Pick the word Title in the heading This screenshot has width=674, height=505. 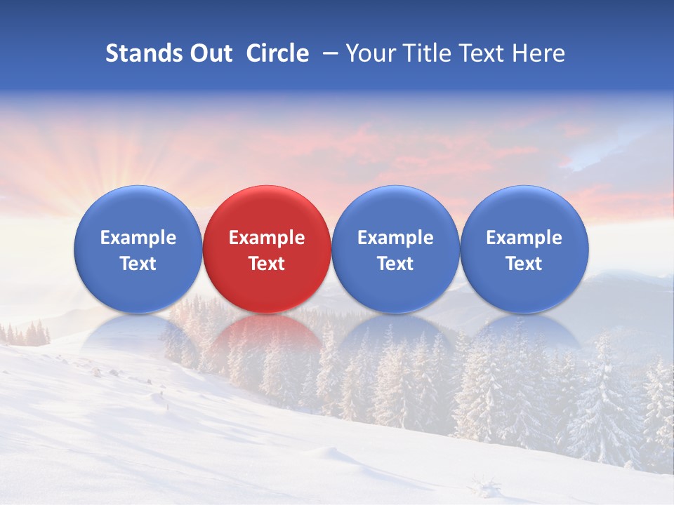click(425, 53)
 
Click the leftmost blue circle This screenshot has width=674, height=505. click(138, 210)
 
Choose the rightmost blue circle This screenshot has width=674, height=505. click(524, 210)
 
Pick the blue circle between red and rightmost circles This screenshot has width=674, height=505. click(395, 210)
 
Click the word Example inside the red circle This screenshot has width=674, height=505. click(267, 238)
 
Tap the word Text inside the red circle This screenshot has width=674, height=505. click(267, 264)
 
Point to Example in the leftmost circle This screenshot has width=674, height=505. click(138, 238)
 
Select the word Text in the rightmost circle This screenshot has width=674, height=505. click(524, 264)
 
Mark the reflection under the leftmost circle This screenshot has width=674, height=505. click(138, 332)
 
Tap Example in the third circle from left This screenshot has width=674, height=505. click(395, 238)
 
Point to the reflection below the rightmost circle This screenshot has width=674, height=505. click(524, 332)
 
